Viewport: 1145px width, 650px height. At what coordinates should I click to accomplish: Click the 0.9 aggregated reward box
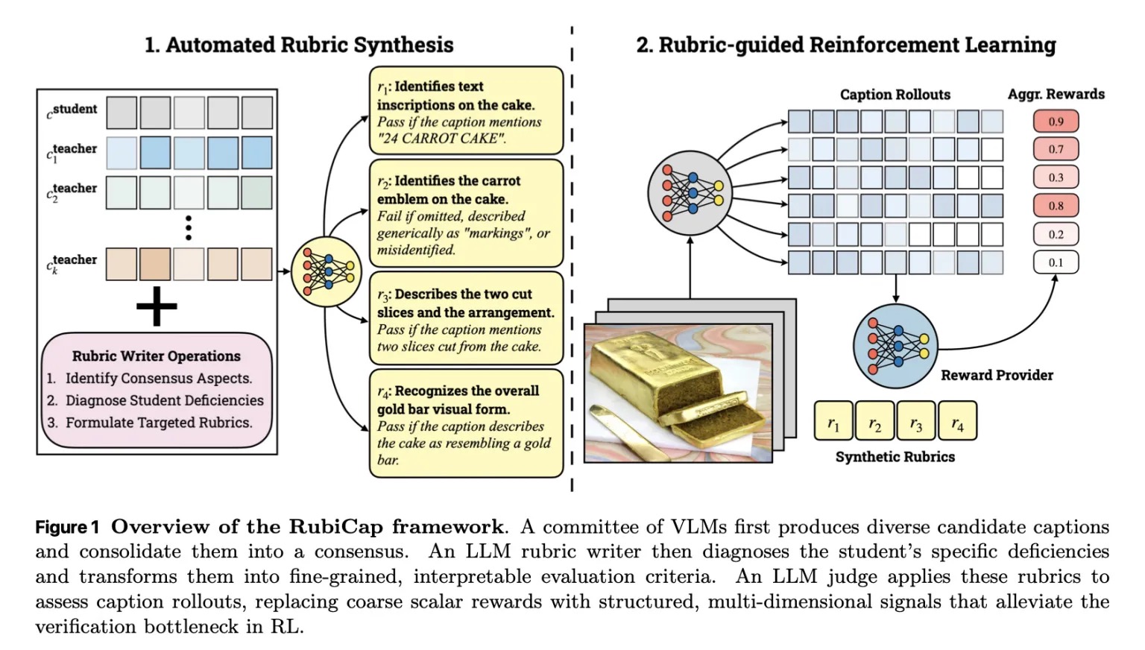click(x=1056, y=122)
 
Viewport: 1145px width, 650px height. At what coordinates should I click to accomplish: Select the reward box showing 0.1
click(x=1056, y=262)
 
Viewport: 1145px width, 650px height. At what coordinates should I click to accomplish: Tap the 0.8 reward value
click(x=1056, y=206)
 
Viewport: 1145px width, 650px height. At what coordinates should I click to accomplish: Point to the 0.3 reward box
click(x=1056, y=177)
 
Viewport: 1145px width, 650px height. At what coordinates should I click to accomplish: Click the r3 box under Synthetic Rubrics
click(x=915, y=421)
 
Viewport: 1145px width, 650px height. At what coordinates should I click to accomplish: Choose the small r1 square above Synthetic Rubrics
click(x=833, y=421)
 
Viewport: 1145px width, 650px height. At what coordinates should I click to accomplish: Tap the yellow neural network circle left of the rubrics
click(x=326, y=271)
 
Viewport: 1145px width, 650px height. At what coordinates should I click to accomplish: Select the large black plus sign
click(x=157, y=306)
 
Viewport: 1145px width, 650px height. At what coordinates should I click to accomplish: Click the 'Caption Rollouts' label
click(x=895, y=95)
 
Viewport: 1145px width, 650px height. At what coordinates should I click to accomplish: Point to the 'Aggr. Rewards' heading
click(x=1056, y=94)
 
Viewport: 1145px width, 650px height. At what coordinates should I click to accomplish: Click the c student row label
click(x=72, y=110)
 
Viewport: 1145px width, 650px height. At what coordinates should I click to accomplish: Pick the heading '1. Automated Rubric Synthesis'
click(x=299, y=45)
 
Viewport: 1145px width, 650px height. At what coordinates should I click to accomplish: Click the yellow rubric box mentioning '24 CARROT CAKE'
click(x=466, y=112)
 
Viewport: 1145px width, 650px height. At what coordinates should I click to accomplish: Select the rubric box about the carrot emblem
click(x=466, y=214)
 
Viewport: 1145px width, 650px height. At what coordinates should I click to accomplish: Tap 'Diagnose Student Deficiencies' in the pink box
click(x=164, y=400)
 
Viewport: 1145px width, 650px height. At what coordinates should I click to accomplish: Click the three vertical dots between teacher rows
click(x=189, y=228)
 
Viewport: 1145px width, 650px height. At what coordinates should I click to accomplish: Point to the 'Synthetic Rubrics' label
click(x=895, y=457)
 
